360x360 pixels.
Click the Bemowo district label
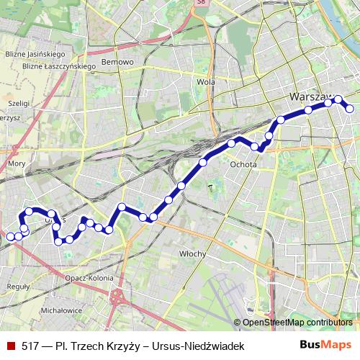118,62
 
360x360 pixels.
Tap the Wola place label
206,82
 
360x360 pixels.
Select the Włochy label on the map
193,253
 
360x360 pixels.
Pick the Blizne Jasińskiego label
35,54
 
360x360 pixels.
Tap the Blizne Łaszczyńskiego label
49,66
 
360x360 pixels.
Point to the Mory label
16,163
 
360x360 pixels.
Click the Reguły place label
17,286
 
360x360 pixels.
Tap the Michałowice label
62,310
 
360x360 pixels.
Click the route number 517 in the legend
30,346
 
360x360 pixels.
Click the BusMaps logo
325,346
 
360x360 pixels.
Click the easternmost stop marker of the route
350,109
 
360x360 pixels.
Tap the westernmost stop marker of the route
10,236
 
